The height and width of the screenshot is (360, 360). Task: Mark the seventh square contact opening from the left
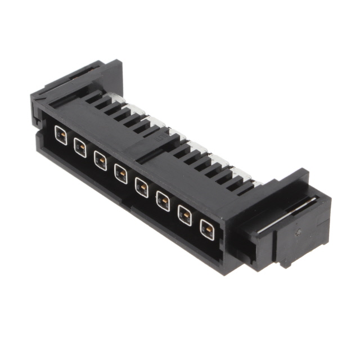184,215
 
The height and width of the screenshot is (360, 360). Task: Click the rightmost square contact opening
207,229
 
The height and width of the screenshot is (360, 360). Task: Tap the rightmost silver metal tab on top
254,182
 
